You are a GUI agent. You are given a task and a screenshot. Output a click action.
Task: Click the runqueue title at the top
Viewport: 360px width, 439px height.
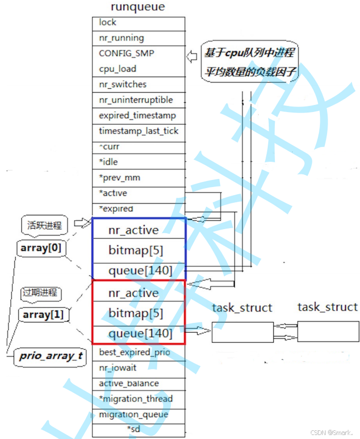pos(138,7)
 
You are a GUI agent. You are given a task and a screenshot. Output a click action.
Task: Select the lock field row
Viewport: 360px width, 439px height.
pos(138,22)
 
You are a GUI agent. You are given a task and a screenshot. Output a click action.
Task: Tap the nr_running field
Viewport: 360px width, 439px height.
pos(138,38)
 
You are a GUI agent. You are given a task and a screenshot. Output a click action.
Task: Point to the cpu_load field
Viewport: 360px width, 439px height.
pos(138,69)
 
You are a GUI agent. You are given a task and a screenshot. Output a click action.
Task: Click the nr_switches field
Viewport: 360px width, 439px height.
pos(138,85)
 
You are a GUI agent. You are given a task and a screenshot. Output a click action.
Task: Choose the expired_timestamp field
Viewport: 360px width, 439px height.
pos(138,116)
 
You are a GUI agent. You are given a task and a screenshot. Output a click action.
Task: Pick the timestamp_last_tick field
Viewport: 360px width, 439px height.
pos(138,131)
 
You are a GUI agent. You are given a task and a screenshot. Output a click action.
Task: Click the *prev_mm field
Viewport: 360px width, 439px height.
pos(138,178)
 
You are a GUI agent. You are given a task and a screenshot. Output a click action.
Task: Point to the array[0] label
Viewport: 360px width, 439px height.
pos(40,248)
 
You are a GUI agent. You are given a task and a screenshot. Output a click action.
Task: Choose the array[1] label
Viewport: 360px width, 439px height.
pos(43,314)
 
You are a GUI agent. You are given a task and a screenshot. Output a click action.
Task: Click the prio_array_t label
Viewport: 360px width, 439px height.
pos(51,356)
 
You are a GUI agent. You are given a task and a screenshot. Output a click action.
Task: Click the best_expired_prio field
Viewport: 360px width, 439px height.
pos(138,352)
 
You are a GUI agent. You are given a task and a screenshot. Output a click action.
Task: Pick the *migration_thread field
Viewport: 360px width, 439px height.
pos(138,399)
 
